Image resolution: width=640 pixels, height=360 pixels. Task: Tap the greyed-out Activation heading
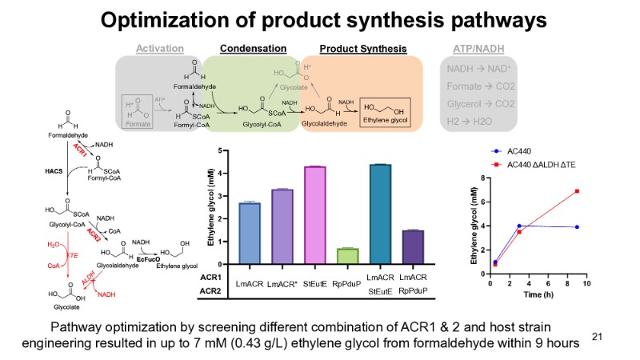tap(160, 48)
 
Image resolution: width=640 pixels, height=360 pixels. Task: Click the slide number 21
tap(597, 337)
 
